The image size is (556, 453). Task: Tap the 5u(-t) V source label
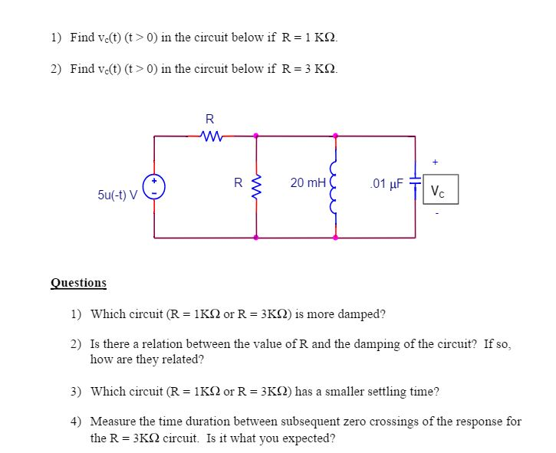[x=117, y=195]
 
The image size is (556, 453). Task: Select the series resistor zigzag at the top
[x=209, y=136]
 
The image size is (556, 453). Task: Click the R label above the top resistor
[x=209, y=119]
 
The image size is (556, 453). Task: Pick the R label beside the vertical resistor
[x=239, y=182]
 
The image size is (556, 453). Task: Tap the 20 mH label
[x=308, y=182]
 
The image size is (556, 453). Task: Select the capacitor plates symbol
[x=415, y=185]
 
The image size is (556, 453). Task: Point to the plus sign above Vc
[x=436, y=162]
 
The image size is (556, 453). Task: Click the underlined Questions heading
[x=78, y=283]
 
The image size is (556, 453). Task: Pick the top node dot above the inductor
[x=334, y=136]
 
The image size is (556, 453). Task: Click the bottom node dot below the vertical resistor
[x=256, y=238]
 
